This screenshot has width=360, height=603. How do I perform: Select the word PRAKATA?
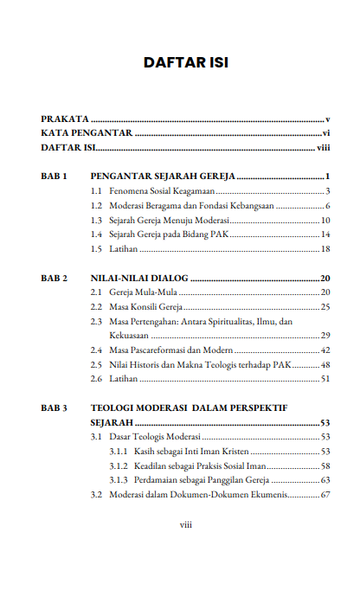pos(65,118)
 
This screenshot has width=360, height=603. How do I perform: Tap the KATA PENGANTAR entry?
pos(87,133)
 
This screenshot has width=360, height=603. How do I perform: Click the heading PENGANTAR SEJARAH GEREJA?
pos(164,176)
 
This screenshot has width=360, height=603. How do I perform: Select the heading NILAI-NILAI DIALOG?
pos(139,278)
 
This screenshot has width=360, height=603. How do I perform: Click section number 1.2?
pos(98,206)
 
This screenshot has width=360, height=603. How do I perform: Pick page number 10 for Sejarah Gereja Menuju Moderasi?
pos(326,221)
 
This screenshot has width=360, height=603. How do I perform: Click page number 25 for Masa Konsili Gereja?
pos(326,307)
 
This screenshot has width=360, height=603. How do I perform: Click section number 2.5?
pos(98,364)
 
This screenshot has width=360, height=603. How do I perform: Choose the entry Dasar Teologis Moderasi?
pos(155,437)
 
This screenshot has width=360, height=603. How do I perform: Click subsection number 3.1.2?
pos(119,465)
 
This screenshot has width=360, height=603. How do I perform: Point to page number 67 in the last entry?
pos(326,495)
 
